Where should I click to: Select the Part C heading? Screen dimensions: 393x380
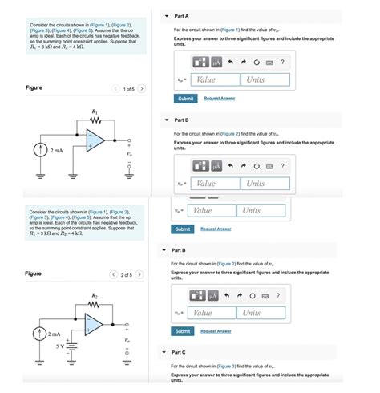coord(179,351)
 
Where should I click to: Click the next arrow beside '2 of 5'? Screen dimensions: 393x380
coord(141,273)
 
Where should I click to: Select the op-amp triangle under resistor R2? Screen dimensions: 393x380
coord(94,323)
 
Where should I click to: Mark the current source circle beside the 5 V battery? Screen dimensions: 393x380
coord(37,333)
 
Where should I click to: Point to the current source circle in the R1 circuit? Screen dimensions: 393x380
coord(37,150)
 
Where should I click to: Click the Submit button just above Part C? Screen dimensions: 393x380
coord(182,330)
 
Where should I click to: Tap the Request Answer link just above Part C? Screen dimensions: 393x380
coord(216,330)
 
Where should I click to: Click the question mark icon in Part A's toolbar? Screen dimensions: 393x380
coord(282,62)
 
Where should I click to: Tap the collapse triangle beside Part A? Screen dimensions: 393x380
coord(166,15)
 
